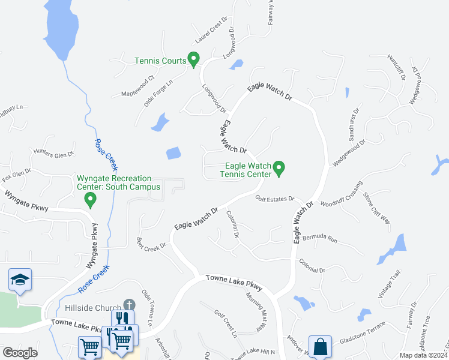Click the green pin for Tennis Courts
(193, 59)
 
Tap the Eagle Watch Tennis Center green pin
(279, 168)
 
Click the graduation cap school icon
(20, 280)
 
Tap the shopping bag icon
(321, 346)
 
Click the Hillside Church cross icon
(128, 305)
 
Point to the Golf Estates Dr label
(274, 199)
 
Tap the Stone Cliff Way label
(378, 208)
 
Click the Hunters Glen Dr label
(53, 154)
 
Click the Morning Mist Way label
(255, 312)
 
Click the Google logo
(20, 353)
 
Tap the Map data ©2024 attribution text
(423, 355)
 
